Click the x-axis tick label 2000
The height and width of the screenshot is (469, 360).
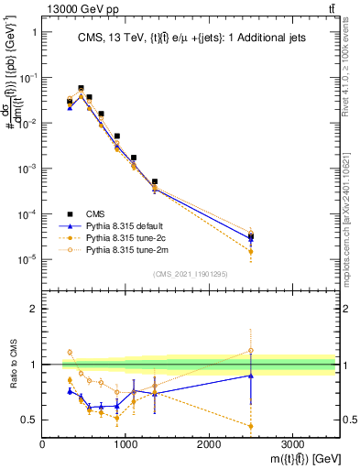point(209,444)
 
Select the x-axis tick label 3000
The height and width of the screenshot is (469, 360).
point(292,444)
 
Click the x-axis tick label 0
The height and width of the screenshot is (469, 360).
point(43,444)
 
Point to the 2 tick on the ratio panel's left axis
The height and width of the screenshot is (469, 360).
point(34,309)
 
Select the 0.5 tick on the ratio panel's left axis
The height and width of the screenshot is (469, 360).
point(31,420)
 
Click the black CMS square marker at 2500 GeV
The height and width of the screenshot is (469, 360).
point(251,236)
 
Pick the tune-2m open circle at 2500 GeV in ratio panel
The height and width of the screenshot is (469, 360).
point(251,350)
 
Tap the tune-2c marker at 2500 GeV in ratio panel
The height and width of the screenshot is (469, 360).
point(251,425)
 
